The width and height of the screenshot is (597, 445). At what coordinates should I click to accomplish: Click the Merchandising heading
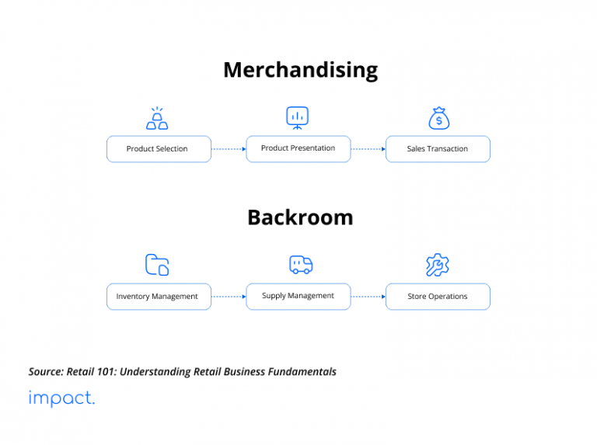[x=300, y=70]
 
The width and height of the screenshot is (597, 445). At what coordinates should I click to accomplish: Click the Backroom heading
[x=300, y=217]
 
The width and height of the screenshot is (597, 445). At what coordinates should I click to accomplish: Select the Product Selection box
[x=159, y=149]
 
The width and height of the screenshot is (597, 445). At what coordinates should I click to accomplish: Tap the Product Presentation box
[x=298, y=148]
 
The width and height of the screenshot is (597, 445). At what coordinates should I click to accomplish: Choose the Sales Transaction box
[x=438, y=149]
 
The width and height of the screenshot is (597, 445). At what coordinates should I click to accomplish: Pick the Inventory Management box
[x=159, y=297]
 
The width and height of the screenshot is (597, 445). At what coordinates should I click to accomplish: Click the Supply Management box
[x=298, y=296]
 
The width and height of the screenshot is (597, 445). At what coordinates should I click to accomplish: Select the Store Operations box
[x=438, y=297]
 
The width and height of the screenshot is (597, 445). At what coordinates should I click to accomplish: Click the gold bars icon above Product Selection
[x=157, y=119]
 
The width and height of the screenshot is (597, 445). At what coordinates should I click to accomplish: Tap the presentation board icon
[x=297, y=117]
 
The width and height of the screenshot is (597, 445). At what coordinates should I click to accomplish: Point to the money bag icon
[x=439, y=118]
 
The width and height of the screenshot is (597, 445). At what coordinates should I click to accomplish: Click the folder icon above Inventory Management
[x=157, y=265]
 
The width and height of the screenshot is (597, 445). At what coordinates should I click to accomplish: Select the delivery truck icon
[x=300, y=265]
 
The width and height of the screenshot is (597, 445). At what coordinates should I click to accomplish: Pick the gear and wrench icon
[x=438, y=265]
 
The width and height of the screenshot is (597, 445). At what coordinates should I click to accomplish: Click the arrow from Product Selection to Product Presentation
[x=229, y=149]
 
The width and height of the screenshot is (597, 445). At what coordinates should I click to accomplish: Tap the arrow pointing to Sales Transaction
[x=368, y=149]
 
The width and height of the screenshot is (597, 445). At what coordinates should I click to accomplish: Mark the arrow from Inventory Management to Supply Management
[x=229, y=297]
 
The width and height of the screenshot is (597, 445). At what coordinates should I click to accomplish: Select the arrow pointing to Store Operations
[x=368, y=297]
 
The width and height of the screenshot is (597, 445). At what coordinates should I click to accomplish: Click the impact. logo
[x=61, y=398]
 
